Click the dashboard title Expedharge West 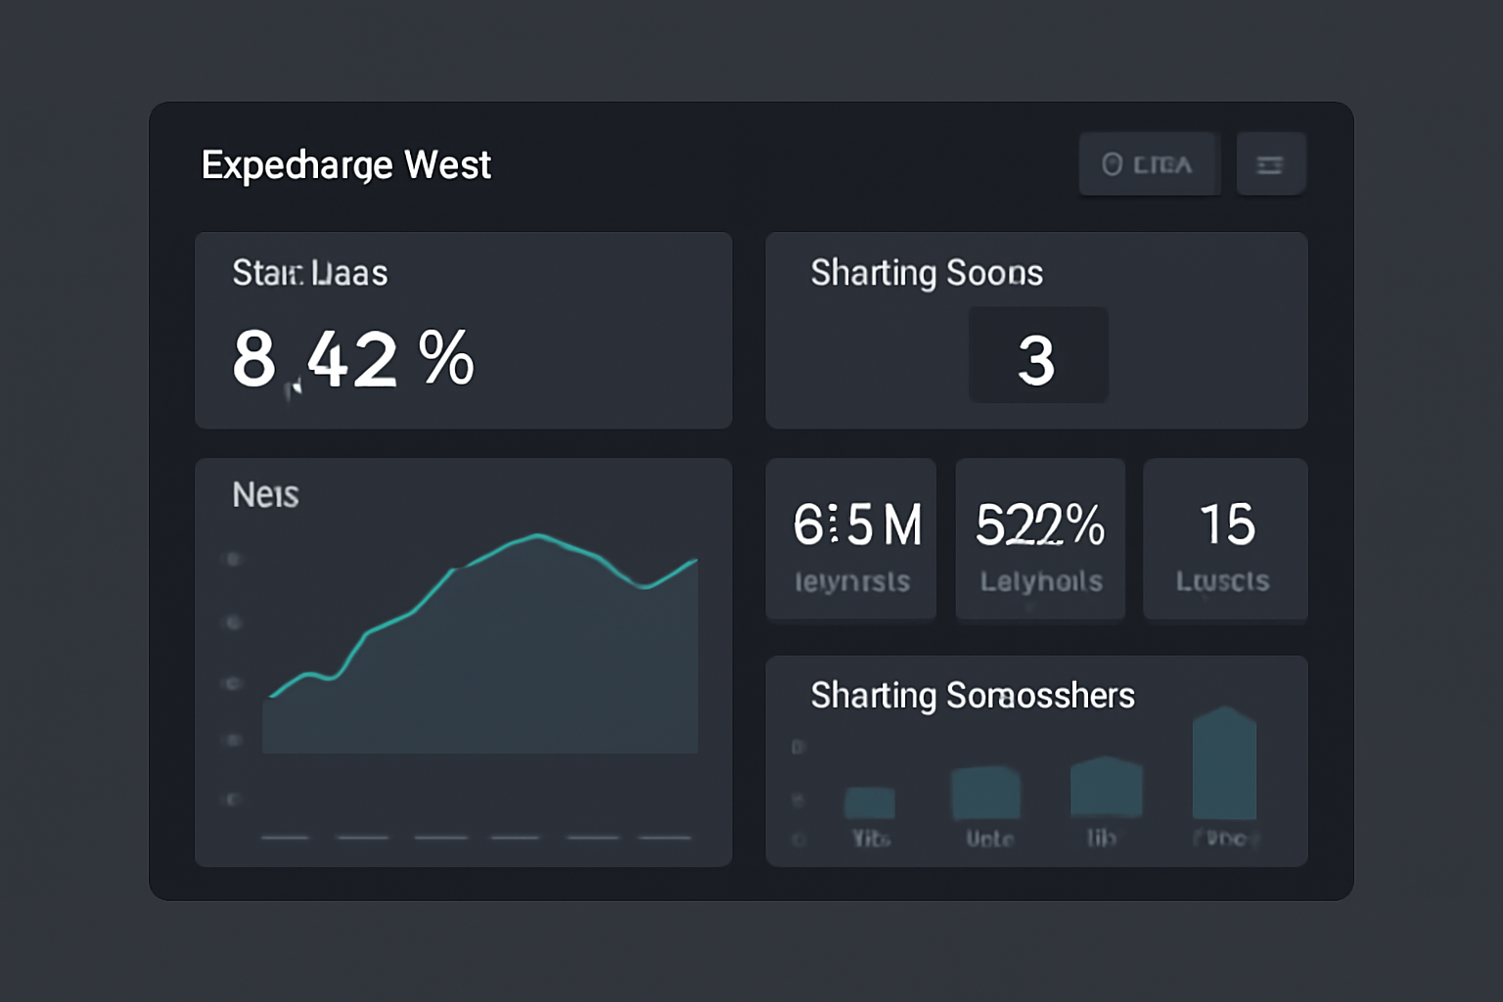(345, 165)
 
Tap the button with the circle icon (1149, 164)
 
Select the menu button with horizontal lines (1270, 164)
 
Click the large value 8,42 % (353, 359)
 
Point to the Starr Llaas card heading (309, 273)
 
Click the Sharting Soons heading (926, 273)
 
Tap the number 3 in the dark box (1037, 359)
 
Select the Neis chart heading (265, 495)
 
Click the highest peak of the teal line (537, 535)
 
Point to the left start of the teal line (272, 696)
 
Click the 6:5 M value (856, 525)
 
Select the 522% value (1040, 525)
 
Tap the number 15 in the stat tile (1227, 525)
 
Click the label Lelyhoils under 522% (1041, 582)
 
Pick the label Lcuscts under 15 (1222, 582)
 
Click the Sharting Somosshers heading (972, 696)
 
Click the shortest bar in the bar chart (870, 803)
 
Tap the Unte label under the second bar (989, 839)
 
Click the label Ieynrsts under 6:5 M (852, 582)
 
